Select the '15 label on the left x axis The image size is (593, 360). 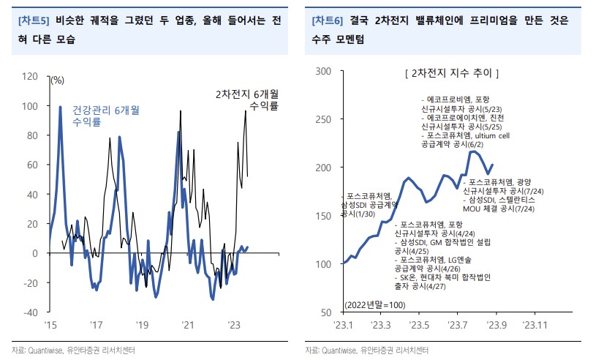click(x=50, y=324)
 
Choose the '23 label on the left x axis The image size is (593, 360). click(x=235, y=324)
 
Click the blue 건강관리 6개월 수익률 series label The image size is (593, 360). click(x=102, y=116)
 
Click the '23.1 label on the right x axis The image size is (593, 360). click(x=344, y=324)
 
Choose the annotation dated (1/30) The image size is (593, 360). click(x=356, y=214)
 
